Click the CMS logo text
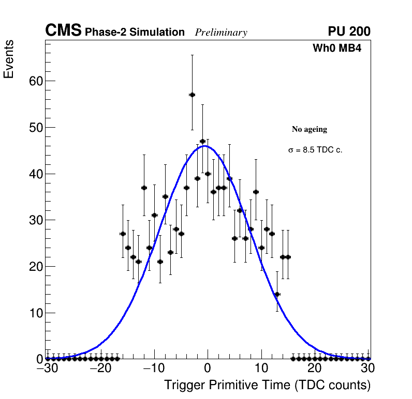pos(63,31)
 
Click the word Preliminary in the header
pos(221,33)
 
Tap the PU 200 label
pos(349,32)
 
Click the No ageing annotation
pos(310,129)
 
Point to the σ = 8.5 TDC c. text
pos(315,150)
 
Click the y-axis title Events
pos(9,59)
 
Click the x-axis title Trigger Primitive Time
pos(267,385)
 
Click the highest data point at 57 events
pos(192,95)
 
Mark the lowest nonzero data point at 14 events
pos(277,294)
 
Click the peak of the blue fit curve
pos(205,146)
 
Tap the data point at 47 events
pos(203,141)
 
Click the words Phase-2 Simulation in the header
pos(135,33)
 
